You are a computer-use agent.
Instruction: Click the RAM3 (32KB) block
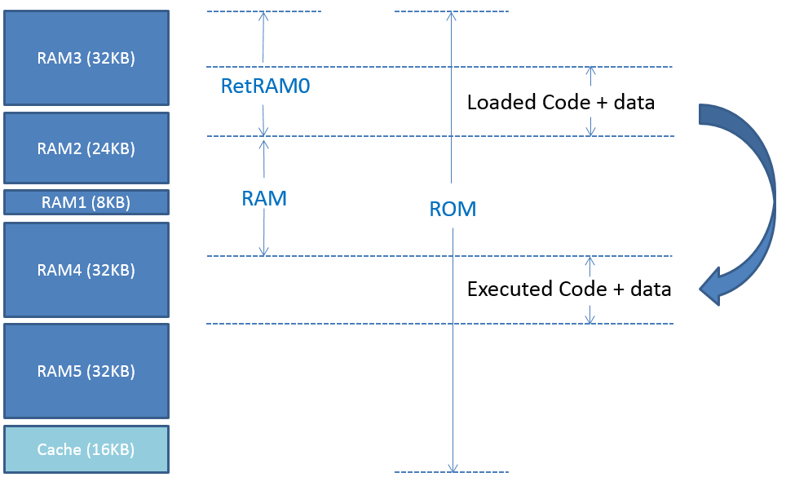pyautogui.click(x=86, y=58)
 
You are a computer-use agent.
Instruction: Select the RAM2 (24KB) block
pyautogui.click(x=86, y=148)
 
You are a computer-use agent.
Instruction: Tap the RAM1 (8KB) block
pyautogui.click(x=86, y=202)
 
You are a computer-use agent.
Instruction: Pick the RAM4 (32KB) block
pyautogui.click(x=86, y=270)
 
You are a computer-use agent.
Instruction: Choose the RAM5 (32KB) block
pyautogui.click(x=86, y=371)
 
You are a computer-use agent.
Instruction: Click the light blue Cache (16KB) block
pyautogui.click(x=86, y=449)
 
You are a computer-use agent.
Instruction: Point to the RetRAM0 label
pyautogui.click(x=265, y=86)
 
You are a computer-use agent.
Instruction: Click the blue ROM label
pyautogui.click(x=453, y=209)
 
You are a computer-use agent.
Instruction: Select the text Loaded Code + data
pyautogui.click(x=561, y=102)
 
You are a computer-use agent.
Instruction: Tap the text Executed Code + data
pyautogui.click(x=569, y=289)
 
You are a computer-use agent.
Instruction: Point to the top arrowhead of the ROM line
pyautogui.click(x=451, y=16)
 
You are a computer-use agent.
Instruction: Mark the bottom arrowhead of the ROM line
pyautogui.click(x=453, y=468)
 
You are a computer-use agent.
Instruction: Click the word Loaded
pyautogui.click(x=501, y=102)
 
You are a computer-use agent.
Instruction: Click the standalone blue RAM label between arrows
pyautogui.click(x=264, y=199)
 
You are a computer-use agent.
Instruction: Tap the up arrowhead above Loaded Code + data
pyautogui.click(x=591, y=71)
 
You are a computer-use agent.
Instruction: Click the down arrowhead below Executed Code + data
pyautogui.click(x=590, y=319)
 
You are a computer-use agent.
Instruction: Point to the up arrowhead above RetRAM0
pyautogui.click(x=263, y=16)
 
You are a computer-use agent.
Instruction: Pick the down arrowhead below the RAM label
pyautogui.click(x=263, y=251)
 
